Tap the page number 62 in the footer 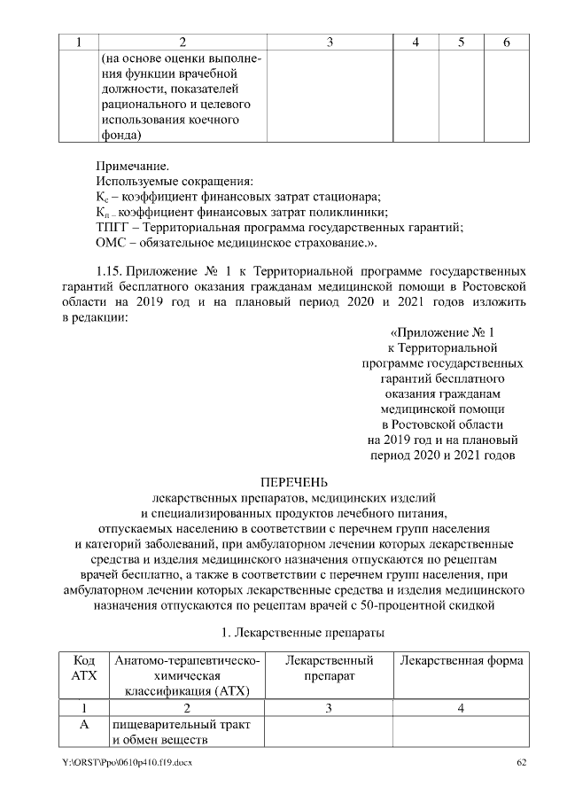pyautogui.click(x=521, y=763)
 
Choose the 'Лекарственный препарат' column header pyautogui.click(x=329, y=668)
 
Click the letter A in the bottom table pyautogui.click(x=83, y=725)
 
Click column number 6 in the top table pyautogui.click(x=506, y=42)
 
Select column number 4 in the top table pyautogui.click(x=416, y=42)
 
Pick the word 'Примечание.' pyautogui.click(x=131, y=166)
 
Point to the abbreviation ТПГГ pyautogui.click(x=113, y=227)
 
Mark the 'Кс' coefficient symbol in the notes pyautogui.click(x=102, y=197)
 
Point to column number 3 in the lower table pyautogui.click(x=329, y=708)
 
